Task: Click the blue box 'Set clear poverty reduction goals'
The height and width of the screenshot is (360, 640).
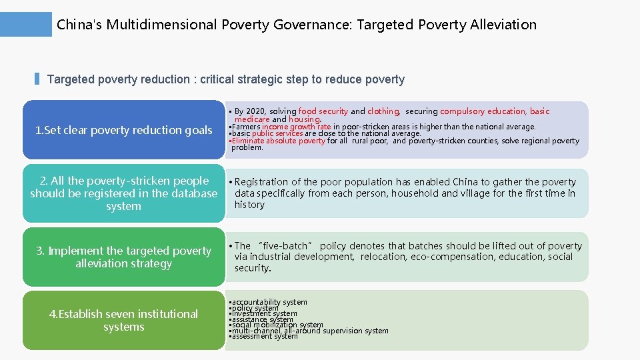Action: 123,130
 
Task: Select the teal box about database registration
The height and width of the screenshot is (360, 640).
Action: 123,193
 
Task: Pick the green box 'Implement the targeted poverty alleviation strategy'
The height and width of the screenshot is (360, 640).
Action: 123,257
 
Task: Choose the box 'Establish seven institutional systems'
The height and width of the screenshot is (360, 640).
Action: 123,320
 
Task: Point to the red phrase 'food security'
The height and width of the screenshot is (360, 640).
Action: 323,111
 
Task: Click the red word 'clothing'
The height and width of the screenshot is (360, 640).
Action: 383,111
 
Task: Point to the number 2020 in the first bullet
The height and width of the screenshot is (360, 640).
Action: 255,111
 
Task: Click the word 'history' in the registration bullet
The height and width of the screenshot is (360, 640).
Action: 249,205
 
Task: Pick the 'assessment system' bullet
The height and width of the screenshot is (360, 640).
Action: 265,336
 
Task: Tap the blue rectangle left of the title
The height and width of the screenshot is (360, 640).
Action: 26,24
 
